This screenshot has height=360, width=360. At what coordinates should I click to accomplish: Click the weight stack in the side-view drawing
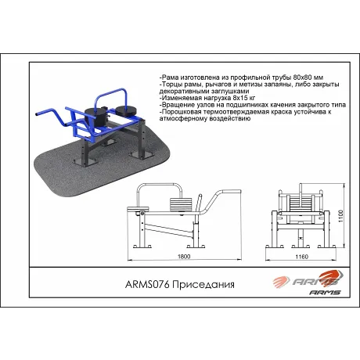coord(181,203)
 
